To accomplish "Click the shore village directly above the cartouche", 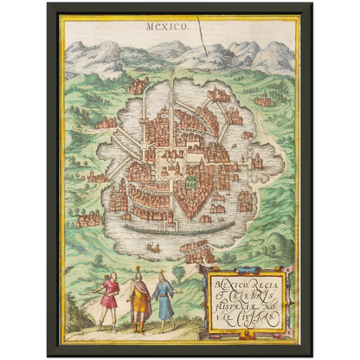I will coord(198,252).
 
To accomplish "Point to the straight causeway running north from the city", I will coord(172,87).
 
